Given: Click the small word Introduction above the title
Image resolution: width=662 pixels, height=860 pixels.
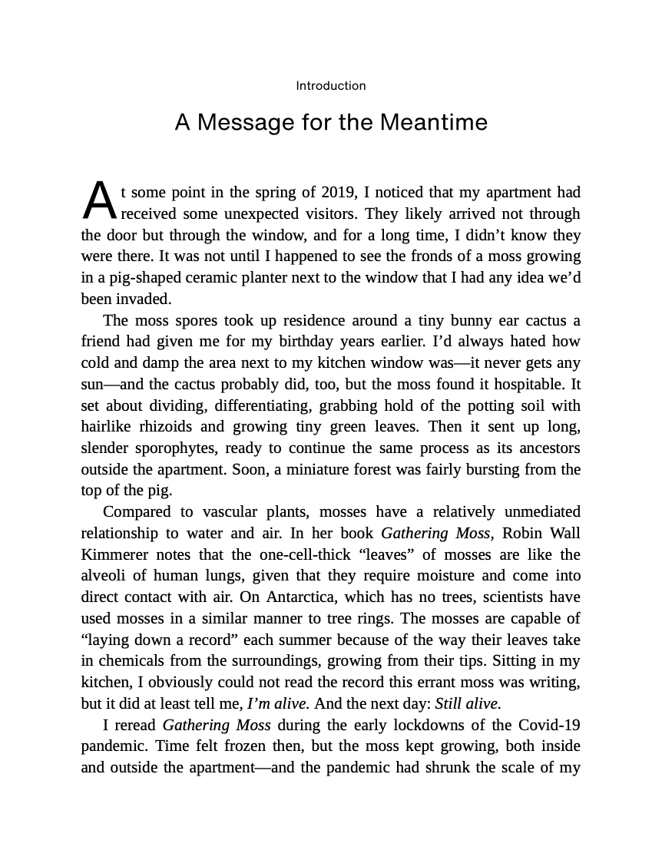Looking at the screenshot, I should [331, 86].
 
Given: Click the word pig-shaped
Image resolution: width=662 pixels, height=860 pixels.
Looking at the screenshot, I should [137, 278].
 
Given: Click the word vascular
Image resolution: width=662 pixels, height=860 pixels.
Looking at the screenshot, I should [230, 512].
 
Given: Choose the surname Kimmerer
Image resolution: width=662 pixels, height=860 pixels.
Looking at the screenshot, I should [115, 555].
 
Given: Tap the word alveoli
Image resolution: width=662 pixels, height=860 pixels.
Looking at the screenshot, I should [108, 576].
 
